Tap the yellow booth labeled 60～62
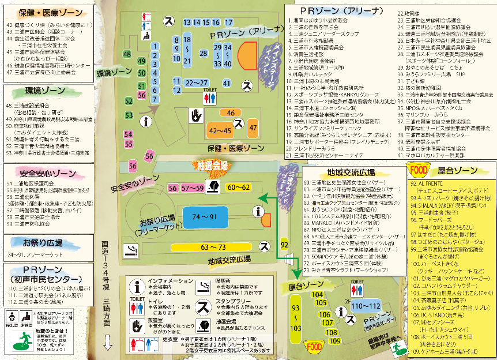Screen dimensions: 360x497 click(x=239, y=187)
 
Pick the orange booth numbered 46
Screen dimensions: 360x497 click(x=231, y=112)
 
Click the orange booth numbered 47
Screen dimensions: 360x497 click(x=253, y=128)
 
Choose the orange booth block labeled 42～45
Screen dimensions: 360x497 click(x=220, y=131)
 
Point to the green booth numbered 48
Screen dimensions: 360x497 click(x=127, y=54)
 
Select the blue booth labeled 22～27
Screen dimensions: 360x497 click(x=196, y=82)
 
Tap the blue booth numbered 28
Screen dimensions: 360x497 click(x=203, y=53)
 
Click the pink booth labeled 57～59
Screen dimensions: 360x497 click(x=193, y=187)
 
